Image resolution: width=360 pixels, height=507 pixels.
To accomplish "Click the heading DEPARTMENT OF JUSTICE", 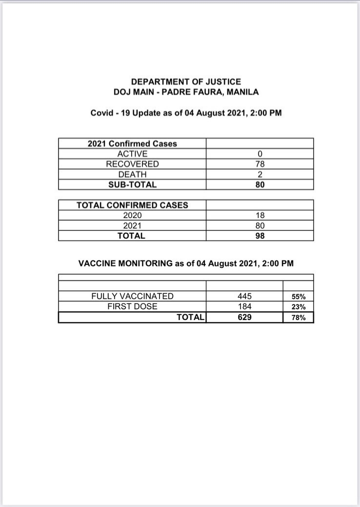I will pos(186,82).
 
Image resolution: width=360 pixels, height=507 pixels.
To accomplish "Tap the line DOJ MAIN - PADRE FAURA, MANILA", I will pos(186,92).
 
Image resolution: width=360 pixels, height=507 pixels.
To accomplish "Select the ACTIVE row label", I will pos(132,154).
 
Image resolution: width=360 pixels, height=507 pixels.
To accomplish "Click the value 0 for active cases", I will pos(260,154).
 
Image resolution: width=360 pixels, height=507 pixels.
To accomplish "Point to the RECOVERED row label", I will pos(132,164).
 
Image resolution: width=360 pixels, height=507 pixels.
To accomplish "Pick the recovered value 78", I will pos(260,164).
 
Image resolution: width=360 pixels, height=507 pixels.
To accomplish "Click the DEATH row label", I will pos(132,174).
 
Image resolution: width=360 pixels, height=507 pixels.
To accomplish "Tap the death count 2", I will pos(260,175).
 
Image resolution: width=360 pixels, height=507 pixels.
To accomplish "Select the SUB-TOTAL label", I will pos(132,185).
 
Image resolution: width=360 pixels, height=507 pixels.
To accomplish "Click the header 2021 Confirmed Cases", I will pos(132,143).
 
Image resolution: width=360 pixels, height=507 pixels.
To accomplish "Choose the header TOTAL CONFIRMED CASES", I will pos(132,205).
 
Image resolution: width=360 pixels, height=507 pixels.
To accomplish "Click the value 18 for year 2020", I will pos(260,216).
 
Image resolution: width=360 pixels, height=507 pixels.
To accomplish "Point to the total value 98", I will pos(260,236).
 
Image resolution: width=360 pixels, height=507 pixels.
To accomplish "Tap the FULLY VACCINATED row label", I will pos(132,296).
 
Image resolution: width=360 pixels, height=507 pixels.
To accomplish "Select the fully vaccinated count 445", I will pos(244,296).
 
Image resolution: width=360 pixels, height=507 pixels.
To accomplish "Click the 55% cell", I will pos(299,297).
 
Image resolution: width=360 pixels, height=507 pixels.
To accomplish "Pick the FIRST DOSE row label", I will pos(132,306).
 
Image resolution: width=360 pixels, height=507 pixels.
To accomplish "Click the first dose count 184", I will pos(244,307).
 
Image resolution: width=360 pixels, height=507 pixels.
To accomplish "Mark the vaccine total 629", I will pos(244,317).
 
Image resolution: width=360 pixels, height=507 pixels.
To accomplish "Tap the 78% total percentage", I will pos(299,318).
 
